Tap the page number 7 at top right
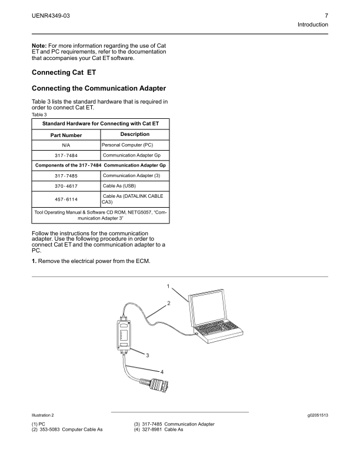tap(326, 14)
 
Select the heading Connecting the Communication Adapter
tap(95, 88)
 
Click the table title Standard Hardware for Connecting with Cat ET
tap(101, 124)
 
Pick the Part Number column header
tap(66, 135)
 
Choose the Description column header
tap(135, 134)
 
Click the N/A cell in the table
tap(66, 145)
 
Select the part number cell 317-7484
tap(66, 155)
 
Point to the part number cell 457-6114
tap(66, 199)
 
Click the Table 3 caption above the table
tap(39, 114)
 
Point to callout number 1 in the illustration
tap(168, 287)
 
